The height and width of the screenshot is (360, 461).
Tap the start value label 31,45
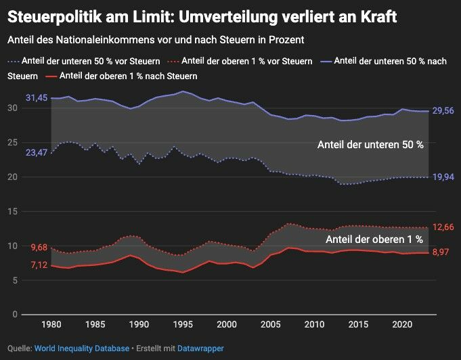point(37,98)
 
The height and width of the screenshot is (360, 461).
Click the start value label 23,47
point(37,153)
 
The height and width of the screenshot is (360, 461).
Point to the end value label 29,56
point(443,111)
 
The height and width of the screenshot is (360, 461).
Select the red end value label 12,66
point(443,227)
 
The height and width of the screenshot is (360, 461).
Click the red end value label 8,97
point(441,252)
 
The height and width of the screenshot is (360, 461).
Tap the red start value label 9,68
point(39,248)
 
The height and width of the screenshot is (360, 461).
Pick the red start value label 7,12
point(39,265)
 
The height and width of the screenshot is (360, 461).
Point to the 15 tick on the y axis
point(14,212)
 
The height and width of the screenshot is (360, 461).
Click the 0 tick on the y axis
point(16,315)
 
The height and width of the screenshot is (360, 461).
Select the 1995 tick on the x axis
point(183,325)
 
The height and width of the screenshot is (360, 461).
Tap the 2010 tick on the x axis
point(314,325)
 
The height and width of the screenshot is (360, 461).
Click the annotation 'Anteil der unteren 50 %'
point(371,145)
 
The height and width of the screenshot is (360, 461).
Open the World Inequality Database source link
point(81,348)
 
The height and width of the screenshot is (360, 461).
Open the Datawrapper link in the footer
point(200,348)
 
